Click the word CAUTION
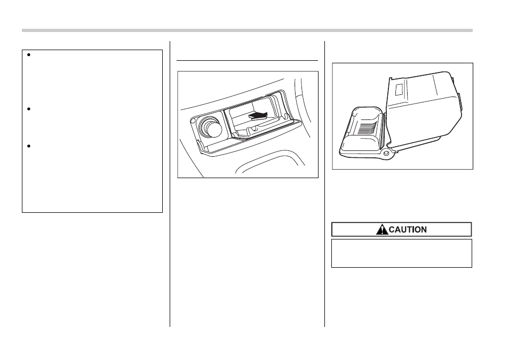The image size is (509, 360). coord(408,229)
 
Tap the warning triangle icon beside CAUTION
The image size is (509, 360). coord(382,229)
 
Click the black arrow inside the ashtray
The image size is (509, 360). coord(258,116)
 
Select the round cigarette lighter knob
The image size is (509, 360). coord(211,127)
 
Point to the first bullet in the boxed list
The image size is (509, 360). coord(29,55)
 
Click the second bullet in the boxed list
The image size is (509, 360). coord(29,109)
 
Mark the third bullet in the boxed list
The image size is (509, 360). coord(29,146)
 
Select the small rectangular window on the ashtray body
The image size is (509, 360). coord(399,89)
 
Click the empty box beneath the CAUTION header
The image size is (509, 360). coord(402,253)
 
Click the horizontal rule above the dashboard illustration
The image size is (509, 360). coord(247,60)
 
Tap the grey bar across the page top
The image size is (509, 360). coord(247,30)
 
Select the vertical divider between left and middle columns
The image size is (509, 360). coord(170,183)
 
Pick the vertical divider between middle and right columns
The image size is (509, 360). coord(324,183)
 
